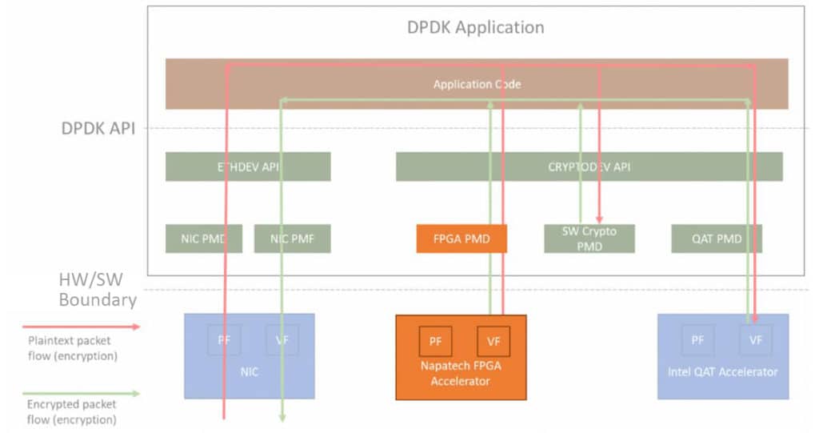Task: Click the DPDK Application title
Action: tap(476, 27)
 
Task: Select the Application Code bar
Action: tap(477, 84)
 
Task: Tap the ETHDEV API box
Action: tap(248, 166)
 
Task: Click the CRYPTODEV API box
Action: tap(589, 166)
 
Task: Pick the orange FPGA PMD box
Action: tap(461, 239)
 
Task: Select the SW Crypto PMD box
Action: tap(589, 239)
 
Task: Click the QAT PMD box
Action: tap(717, 239)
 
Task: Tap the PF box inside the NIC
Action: tap(223, 340)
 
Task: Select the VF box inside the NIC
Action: tap(282, 340)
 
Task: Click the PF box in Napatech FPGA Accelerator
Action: tap(435, 341)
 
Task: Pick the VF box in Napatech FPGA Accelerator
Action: tap(493, 341)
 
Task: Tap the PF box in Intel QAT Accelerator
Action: tap(697, 340)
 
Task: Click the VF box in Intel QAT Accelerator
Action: tap(756, 340)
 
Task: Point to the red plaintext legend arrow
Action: tap(80, 327)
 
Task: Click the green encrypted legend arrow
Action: tap(80, 393)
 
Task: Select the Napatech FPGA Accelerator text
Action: tap(461, 373)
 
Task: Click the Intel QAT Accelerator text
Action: tap(723, 371)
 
